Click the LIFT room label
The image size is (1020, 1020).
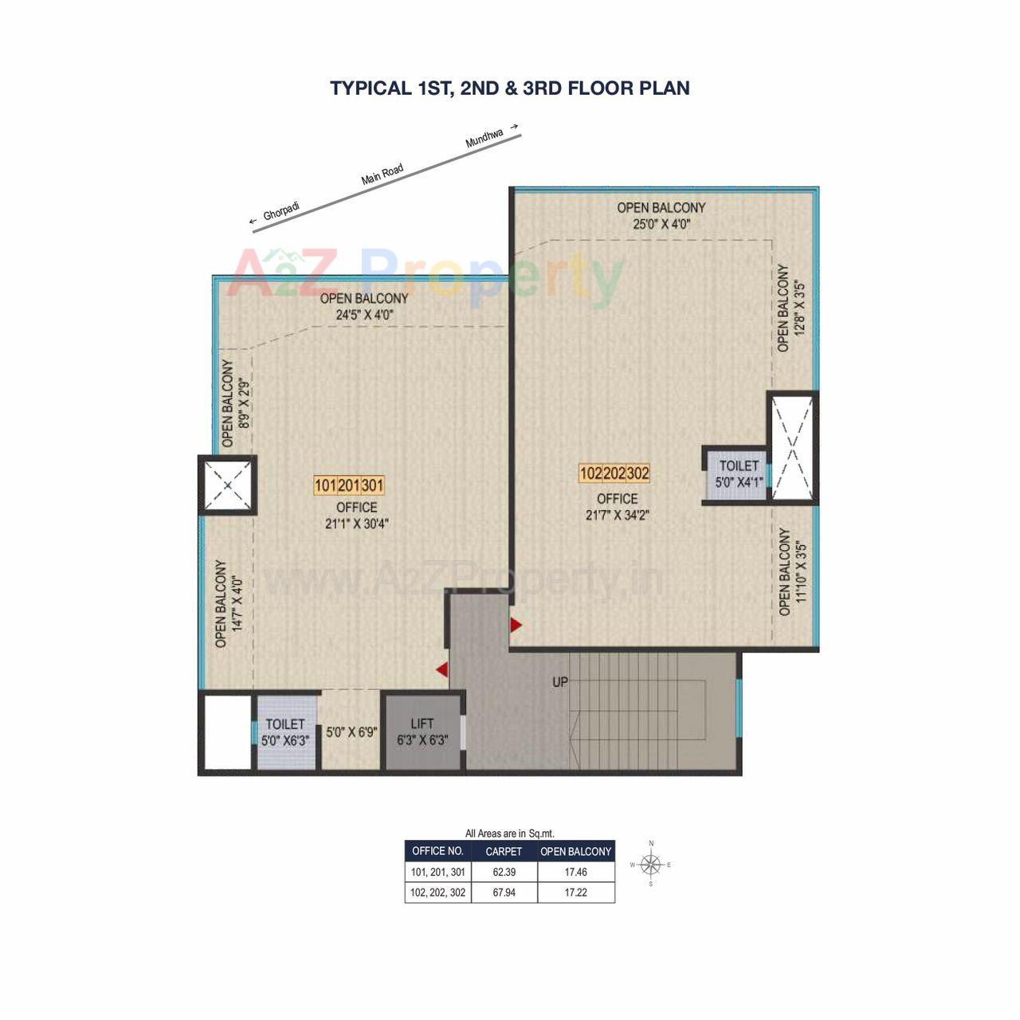[422, 724]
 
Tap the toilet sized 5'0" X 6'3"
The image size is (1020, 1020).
[285, 732]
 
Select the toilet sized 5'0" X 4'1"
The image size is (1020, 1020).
[739, 473]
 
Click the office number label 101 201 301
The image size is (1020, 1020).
[349, 485]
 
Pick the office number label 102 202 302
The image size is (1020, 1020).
[614, 473]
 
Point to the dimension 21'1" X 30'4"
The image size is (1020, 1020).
[356, 524]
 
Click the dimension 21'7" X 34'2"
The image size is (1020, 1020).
[617, 515]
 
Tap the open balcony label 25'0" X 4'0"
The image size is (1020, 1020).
[661, 216]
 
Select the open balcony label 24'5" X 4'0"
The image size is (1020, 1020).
[363, 306]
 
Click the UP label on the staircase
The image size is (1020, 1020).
[560, 682]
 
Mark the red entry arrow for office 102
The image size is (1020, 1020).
[516, 625]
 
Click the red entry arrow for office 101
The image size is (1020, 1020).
[441, 670]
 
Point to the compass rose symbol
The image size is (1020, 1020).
[651, 864]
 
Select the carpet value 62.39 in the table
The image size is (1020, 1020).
[504, 872]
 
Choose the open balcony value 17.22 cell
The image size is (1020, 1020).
[575, 892]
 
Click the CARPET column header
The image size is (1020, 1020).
[504, 851]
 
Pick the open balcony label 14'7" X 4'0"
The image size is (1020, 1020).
[227, 602]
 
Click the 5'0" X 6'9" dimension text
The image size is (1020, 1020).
[351, 732]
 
